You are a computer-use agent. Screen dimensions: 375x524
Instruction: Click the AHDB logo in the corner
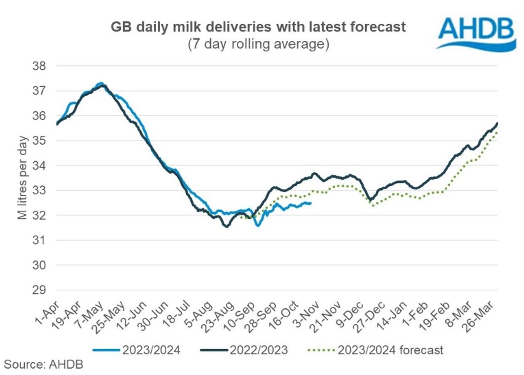click(476, 32)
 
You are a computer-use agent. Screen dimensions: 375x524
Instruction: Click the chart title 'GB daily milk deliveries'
click(258, 27)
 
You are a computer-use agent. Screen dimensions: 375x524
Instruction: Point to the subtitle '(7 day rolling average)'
click(258, 44)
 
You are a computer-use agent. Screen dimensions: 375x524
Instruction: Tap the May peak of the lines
click(101, 84)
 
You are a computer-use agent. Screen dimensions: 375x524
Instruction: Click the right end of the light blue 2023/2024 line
click(311, 203)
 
